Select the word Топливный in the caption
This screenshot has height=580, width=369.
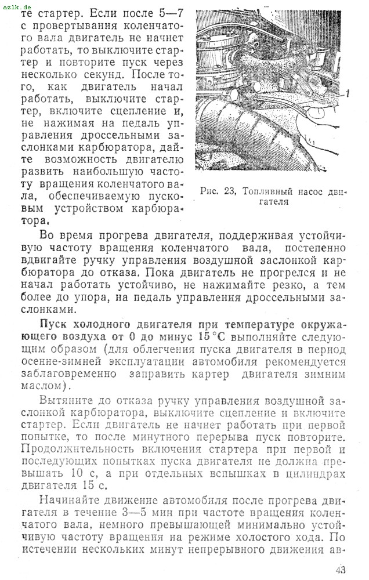pyautogui.click(x=267, y=191)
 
